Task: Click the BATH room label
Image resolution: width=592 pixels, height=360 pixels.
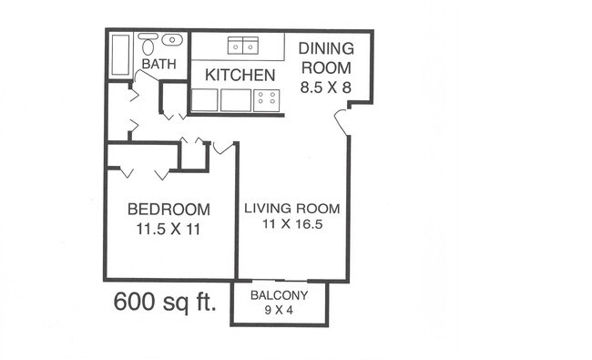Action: (159, 64)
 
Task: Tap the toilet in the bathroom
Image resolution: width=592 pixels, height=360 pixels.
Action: (148, 44)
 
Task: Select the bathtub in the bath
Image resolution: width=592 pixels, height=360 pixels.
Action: (121, 56)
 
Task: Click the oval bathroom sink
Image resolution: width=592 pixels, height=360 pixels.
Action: (172, 39)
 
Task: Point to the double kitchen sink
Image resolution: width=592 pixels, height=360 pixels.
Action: (243, 46)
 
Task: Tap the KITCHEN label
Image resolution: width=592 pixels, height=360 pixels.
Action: (240, 75)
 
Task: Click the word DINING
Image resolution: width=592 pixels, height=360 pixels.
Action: (326, 48)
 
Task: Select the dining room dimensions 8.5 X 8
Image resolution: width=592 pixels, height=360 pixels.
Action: (326, 87)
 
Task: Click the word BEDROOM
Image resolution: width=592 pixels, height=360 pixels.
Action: (168, 210)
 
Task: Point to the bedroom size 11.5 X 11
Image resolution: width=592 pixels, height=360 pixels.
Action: (168, 230)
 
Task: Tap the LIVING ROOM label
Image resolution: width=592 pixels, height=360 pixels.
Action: (292, 209)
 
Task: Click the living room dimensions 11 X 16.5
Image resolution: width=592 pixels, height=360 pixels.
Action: (292, 224)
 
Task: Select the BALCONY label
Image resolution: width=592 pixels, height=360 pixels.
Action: (279, 295)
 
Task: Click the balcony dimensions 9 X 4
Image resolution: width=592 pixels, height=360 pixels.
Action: (279, 311)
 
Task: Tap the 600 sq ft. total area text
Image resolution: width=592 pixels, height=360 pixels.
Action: (166, 302)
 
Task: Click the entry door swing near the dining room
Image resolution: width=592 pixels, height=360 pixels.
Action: (342, 121)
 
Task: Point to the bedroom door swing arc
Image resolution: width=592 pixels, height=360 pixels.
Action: (223, 148)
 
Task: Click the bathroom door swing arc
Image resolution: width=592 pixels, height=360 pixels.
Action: (146, 75)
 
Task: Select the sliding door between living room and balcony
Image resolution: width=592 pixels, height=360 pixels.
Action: (280, 281)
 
